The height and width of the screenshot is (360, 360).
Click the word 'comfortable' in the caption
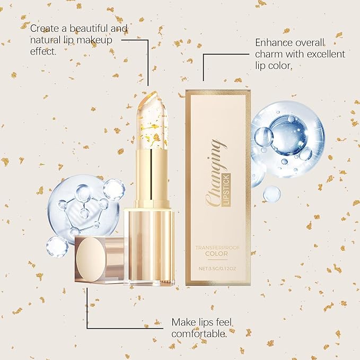pos(199,333)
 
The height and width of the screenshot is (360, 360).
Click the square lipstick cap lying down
pos(99,260)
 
